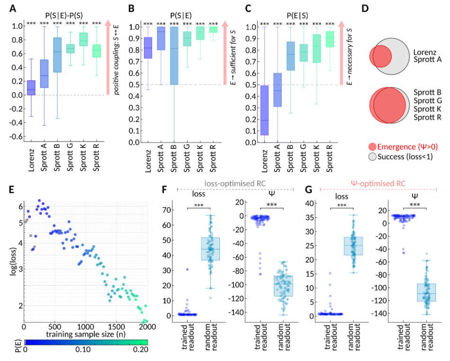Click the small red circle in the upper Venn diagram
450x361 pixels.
click(x=379, y=55)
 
